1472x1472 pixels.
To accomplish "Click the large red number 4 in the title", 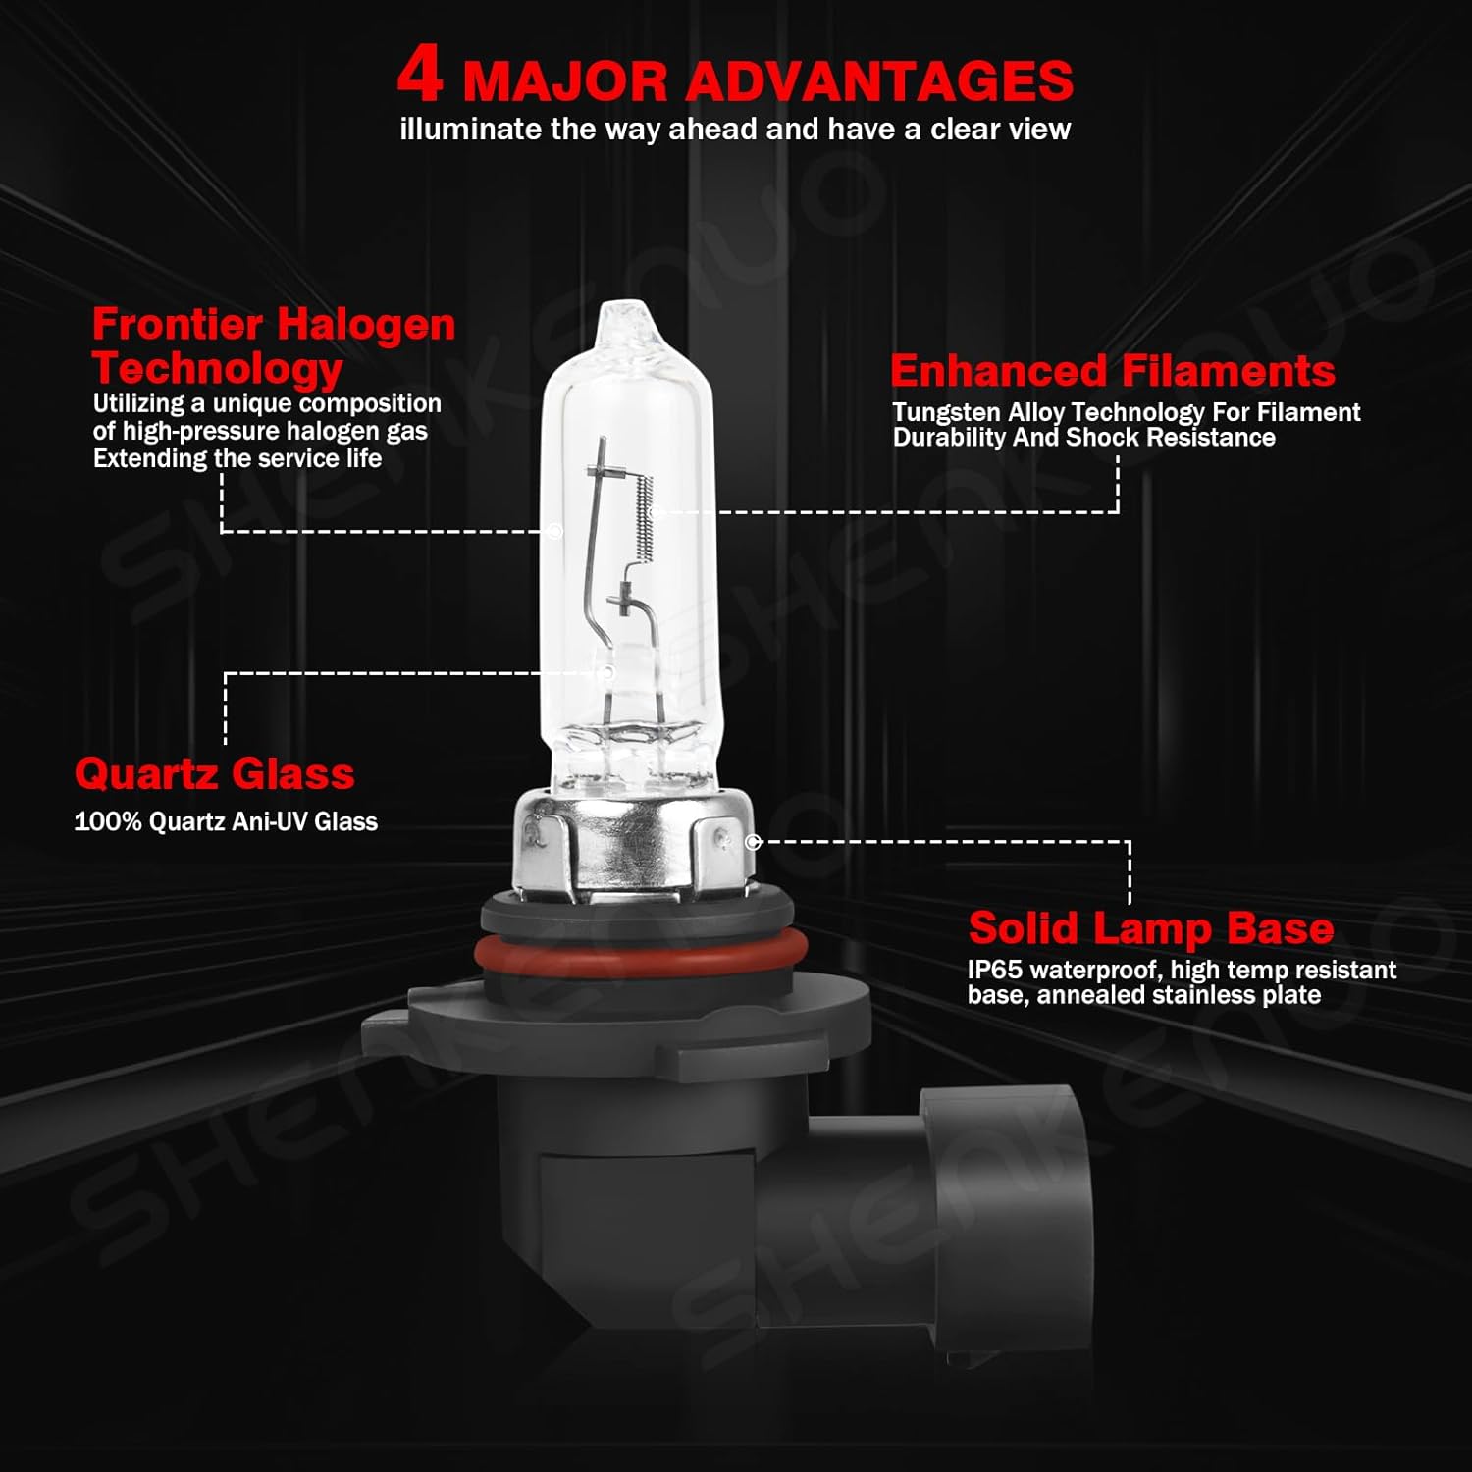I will coord(420,75).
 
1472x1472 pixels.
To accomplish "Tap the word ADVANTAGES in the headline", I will coord(878,81).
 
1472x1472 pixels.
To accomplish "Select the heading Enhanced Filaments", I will coord(1112,371).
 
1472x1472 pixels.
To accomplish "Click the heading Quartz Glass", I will coord(214,773).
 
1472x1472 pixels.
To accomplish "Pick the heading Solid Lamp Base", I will coord(1150,927).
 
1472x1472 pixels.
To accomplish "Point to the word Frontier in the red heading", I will coord(178,324).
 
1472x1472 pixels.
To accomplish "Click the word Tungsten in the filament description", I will coord(946,412).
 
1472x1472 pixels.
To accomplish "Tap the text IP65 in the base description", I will coord(994,970).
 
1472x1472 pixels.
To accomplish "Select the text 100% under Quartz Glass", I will coord(108,821).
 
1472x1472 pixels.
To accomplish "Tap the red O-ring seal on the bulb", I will coord(641,952).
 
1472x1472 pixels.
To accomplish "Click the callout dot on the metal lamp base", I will coord(753,842).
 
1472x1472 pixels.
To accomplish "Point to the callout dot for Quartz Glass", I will coord(606,673).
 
